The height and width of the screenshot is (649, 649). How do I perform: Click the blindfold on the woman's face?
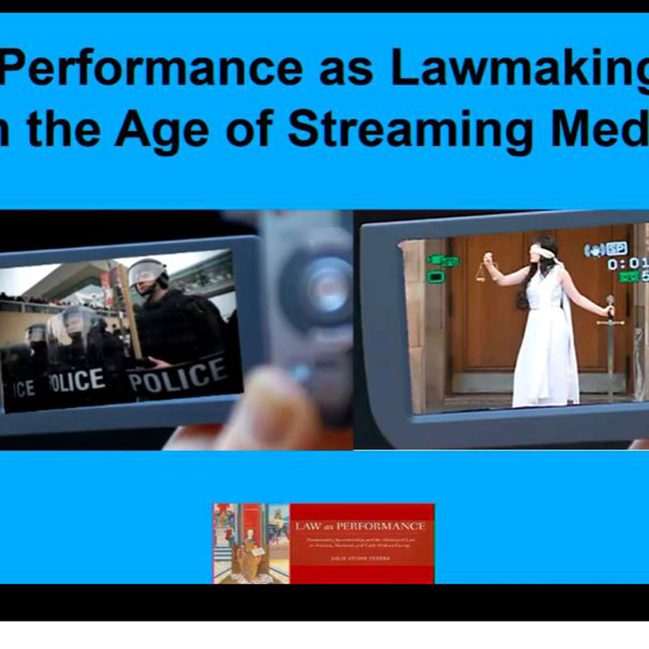point(543,252)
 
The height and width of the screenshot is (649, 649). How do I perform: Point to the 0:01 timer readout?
point(626,264)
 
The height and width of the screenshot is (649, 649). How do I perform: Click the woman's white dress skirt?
point(545,365)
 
